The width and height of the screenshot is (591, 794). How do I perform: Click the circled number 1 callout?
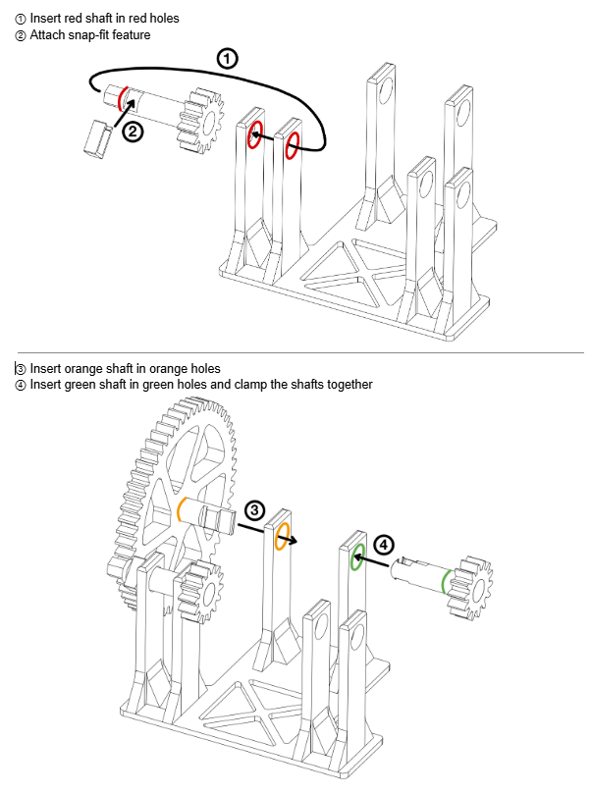tap(227, 58)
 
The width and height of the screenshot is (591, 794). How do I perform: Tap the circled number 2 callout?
tap(133, 132)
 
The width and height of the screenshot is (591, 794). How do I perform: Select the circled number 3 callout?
tap(254, 510)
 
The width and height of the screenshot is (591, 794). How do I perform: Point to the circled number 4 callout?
tap(384, 545)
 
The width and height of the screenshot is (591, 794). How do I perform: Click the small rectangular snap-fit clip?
tap(98, 136)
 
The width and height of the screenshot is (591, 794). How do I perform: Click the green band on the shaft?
tap(444, 582)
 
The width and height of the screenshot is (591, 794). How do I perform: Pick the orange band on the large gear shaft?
tap(180, 509)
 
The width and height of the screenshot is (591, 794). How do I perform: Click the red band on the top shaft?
tap(121, 98)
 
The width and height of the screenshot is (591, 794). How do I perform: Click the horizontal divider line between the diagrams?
tap(300, 352)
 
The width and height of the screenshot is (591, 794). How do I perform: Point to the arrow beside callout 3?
tap(267, 533)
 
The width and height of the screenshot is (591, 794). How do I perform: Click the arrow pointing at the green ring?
tap(371, 560)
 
